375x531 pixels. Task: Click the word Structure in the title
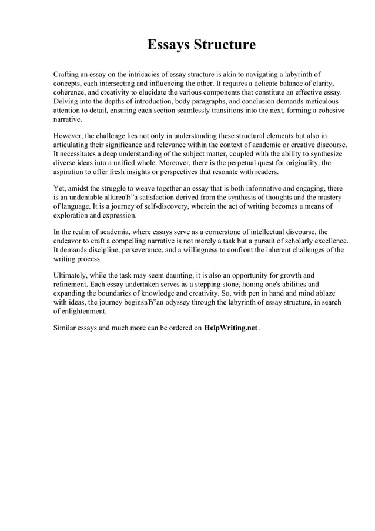pyautogui.click(x=226, y=45)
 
